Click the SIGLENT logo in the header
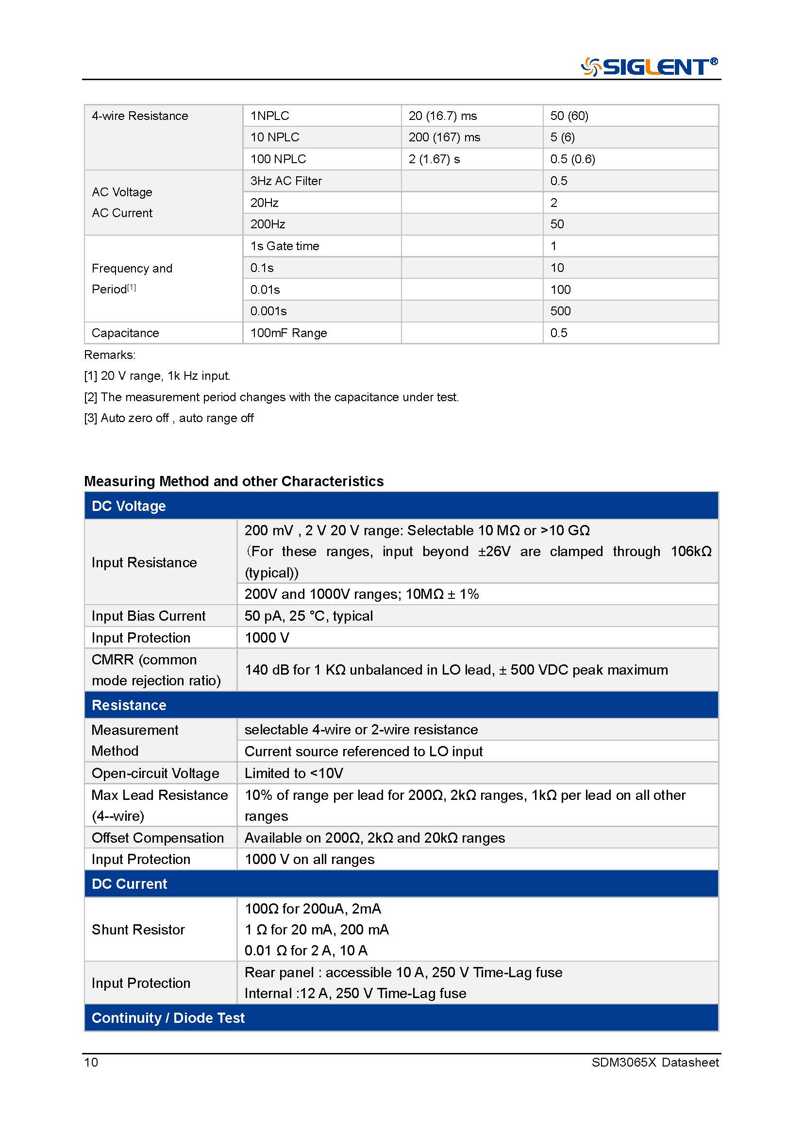point(649,67)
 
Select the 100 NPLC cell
point(278,159)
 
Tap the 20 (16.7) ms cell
point(443,116)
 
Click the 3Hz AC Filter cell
point(286,181)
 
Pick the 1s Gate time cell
point(285,246)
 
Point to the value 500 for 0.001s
point(560,311)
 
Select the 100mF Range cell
point(289,333)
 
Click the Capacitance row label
point(126,333)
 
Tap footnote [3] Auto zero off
point(169,418)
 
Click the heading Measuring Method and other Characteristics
point(234,481)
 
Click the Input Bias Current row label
point(149,616)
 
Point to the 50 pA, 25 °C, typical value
point(309,616)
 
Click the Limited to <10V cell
point(294,773)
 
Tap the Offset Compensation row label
point(158,838)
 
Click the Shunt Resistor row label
point(138,930)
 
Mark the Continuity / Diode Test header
point(168,1018)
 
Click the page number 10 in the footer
point(91,1062)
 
